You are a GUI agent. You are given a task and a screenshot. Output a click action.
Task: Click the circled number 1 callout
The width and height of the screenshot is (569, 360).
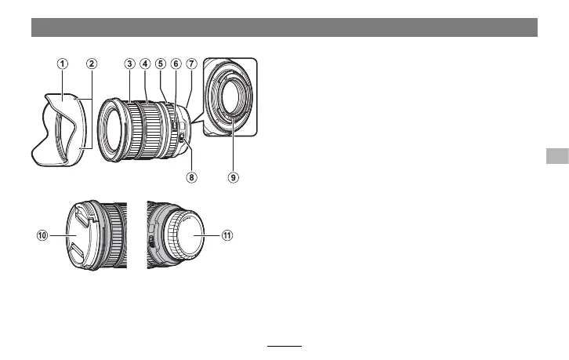pos(63,64)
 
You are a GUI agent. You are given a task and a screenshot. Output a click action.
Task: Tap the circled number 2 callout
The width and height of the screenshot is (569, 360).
pos(92,64)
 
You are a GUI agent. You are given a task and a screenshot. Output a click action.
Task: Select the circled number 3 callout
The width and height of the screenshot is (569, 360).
pos(129,64)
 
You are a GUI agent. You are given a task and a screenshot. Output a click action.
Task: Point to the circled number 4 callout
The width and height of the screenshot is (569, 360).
pos(145,64)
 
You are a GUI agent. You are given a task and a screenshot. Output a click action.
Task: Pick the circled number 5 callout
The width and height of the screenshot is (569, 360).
pos(161,64)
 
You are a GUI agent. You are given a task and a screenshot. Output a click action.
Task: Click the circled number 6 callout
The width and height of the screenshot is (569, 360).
pos(176,64)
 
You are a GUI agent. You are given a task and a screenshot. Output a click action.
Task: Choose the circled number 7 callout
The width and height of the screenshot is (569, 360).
pos(191,64)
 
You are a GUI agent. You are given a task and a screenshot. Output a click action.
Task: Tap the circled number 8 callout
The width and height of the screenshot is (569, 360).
pos(191,177)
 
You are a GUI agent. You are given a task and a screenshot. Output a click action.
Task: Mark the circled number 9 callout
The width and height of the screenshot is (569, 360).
pos(234,177)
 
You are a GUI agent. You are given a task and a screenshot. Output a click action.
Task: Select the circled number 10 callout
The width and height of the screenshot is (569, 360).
pos(42,235)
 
